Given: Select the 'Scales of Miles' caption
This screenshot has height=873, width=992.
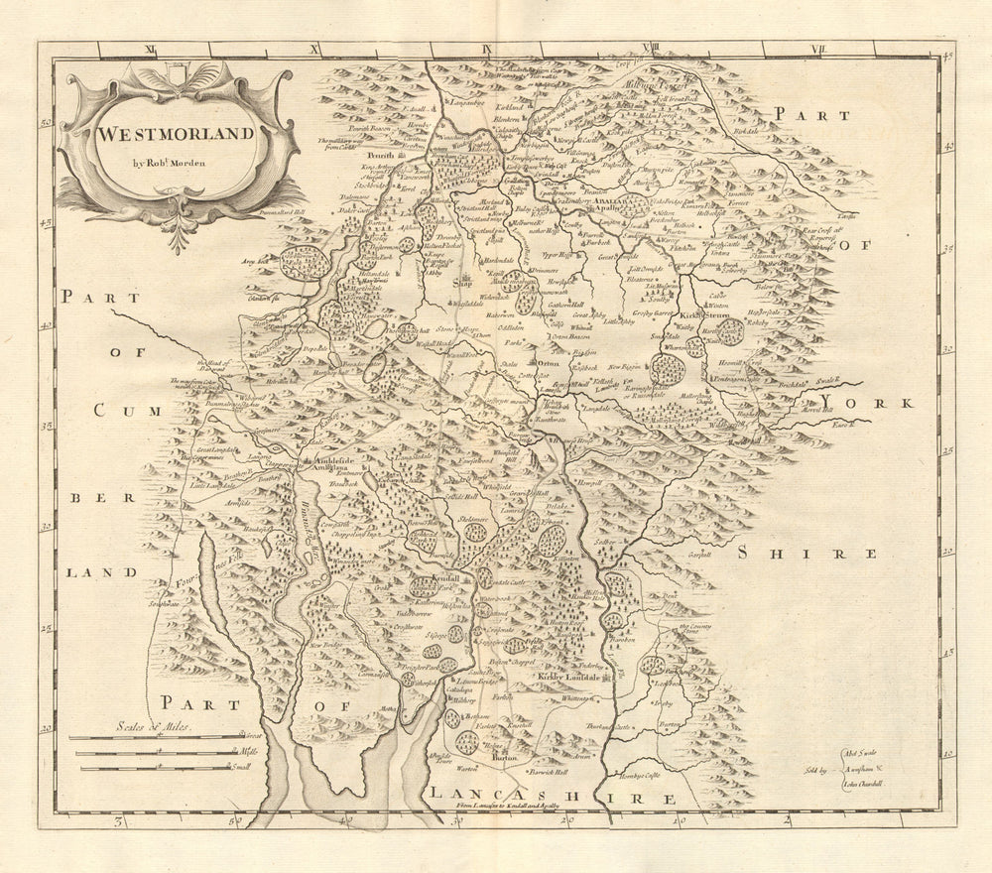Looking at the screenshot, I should click(151, 727).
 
